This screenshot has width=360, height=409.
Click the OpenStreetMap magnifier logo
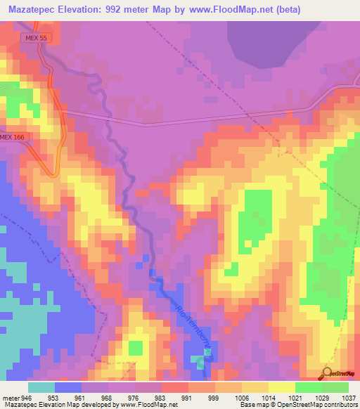(x=327, y=372)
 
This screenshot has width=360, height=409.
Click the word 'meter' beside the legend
(x=11, y=397)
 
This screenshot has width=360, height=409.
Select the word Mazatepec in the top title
(x=33, y=9)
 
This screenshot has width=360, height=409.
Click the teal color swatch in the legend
(x=41, y=387)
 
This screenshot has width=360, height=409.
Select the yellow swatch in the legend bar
(x=281, y=387)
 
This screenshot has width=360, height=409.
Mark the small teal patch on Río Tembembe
(x=198, y=361)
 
